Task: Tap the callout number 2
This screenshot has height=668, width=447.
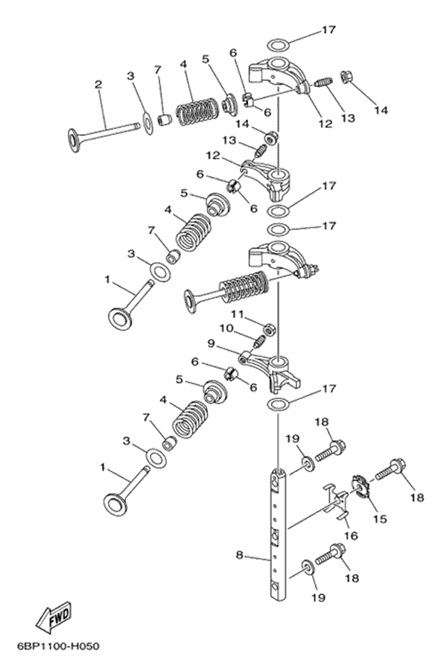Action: [98, 84]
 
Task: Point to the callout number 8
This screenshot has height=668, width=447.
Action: [240, 555]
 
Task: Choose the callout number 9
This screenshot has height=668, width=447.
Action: [211, 344]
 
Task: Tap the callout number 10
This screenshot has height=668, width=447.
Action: [224, 328]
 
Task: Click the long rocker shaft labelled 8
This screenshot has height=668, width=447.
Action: [279, 536]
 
